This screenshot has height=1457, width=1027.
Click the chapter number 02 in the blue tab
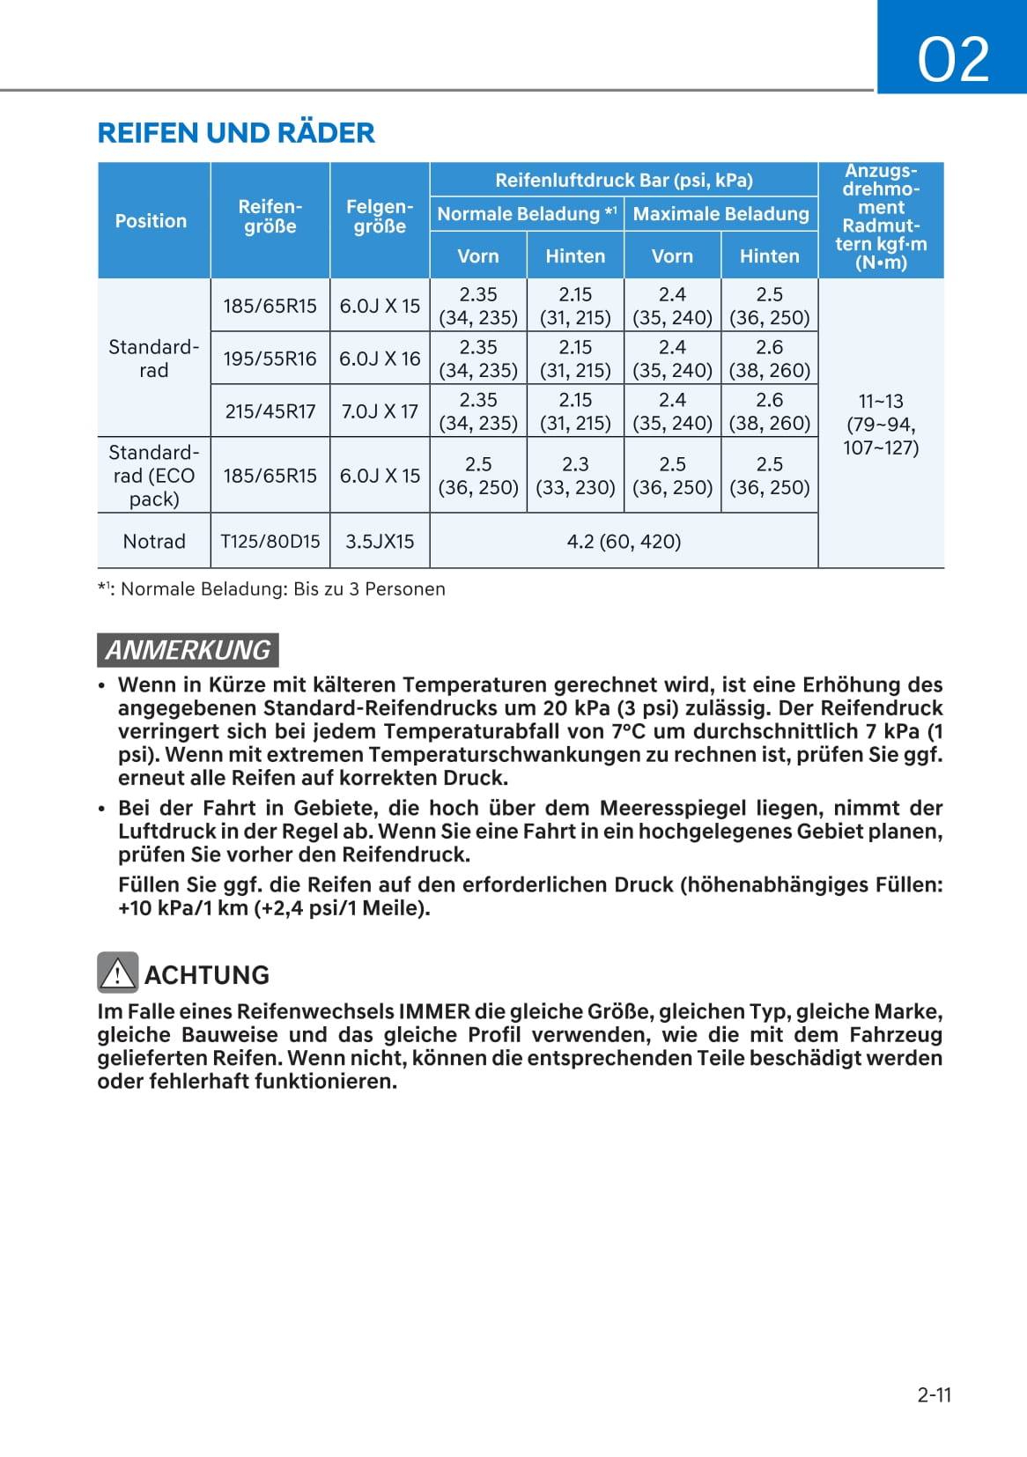953,60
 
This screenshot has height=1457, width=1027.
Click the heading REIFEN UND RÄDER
236,133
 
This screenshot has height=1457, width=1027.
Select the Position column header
151,221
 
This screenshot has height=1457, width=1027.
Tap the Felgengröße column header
380,217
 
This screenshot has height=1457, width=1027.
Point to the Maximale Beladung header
720,214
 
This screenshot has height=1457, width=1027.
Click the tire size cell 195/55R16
270,359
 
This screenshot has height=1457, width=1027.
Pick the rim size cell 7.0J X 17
380,411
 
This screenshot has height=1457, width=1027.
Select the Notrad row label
154,542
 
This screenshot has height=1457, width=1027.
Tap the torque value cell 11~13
881,424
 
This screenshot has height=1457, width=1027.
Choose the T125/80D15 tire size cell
270,542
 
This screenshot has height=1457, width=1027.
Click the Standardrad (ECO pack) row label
154,476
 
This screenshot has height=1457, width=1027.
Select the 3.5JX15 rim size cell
380,542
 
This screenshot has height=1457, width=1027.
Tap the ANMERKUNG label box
188,650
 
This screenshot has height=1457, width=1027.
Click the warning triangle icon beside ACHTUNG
117,973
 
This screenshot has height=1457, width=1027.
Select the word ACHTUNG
207,975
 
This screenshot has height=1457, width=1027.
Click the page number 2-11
934,1394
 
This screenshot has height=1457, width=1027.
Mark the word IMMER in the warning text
434,1011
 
